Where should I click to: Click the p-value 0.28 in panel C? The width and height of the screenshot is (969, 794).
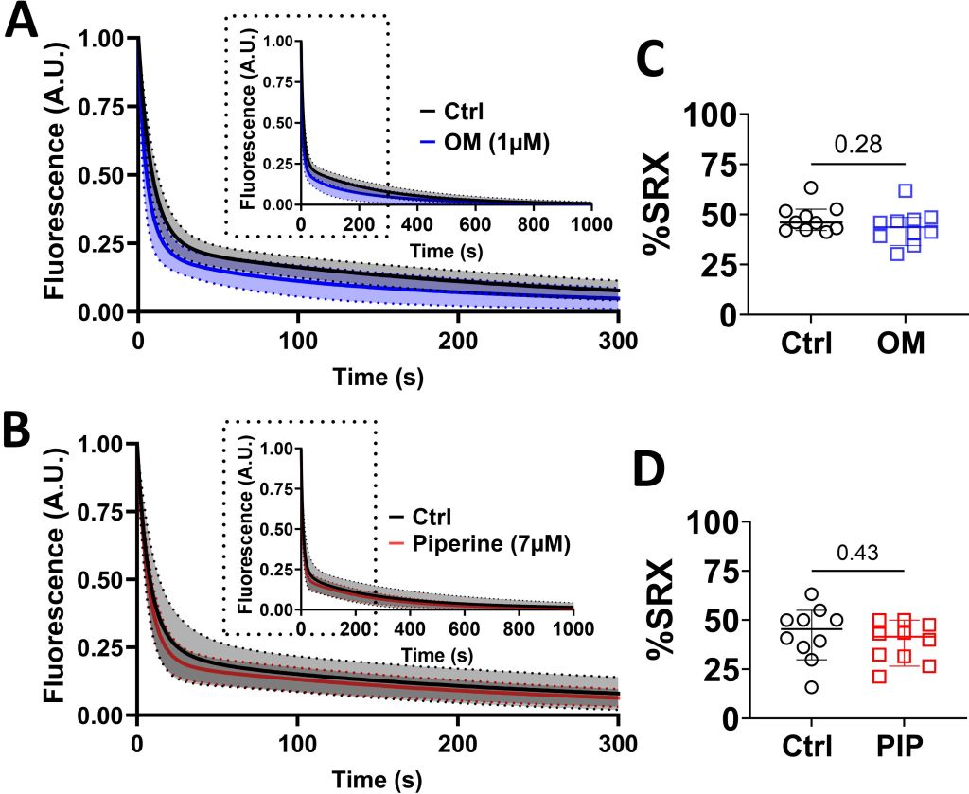pyautogui.click(x=859, y=144)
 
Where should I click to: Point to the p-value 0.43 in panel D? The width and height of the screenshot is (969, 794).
pyautogui.click(x=859, y=550)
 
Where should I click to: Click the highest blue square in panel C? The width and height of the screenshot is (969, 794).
pyautogui.click(x=905, y=191)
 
